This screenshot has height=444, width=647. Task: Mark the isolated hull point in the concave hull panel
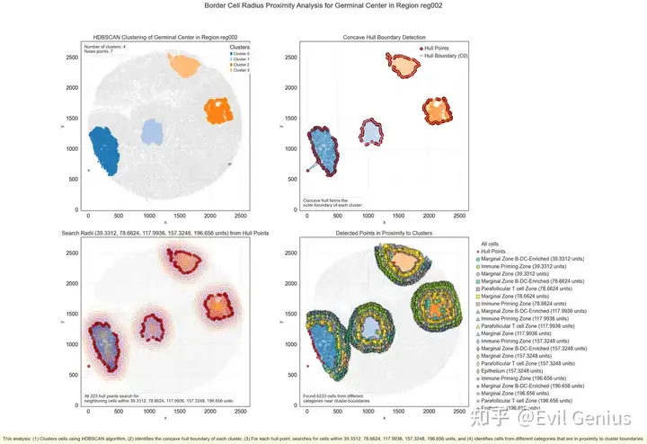click(307, 170)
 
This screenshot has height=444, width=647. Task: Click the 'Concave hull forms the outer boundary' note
click(332, 203)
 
